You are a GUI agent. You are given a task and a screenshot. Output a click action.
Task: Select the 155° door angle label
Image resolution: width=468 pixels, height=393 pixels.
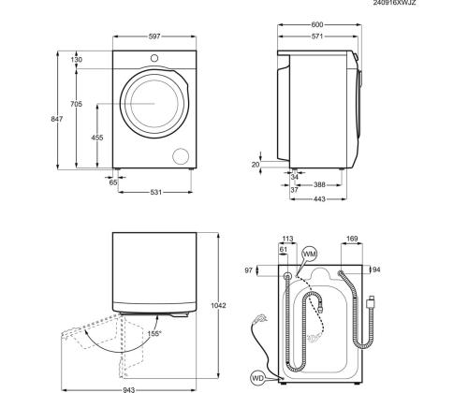(x=152, y=333)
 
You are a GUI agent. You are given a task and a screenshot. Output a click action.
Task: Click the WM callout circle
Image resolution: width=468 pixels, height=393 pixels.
(x=310, y=255)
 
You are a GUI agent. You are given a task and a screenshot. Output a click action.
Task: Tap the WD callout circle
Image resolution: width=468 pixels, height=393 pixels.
(x=256, y=379)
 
